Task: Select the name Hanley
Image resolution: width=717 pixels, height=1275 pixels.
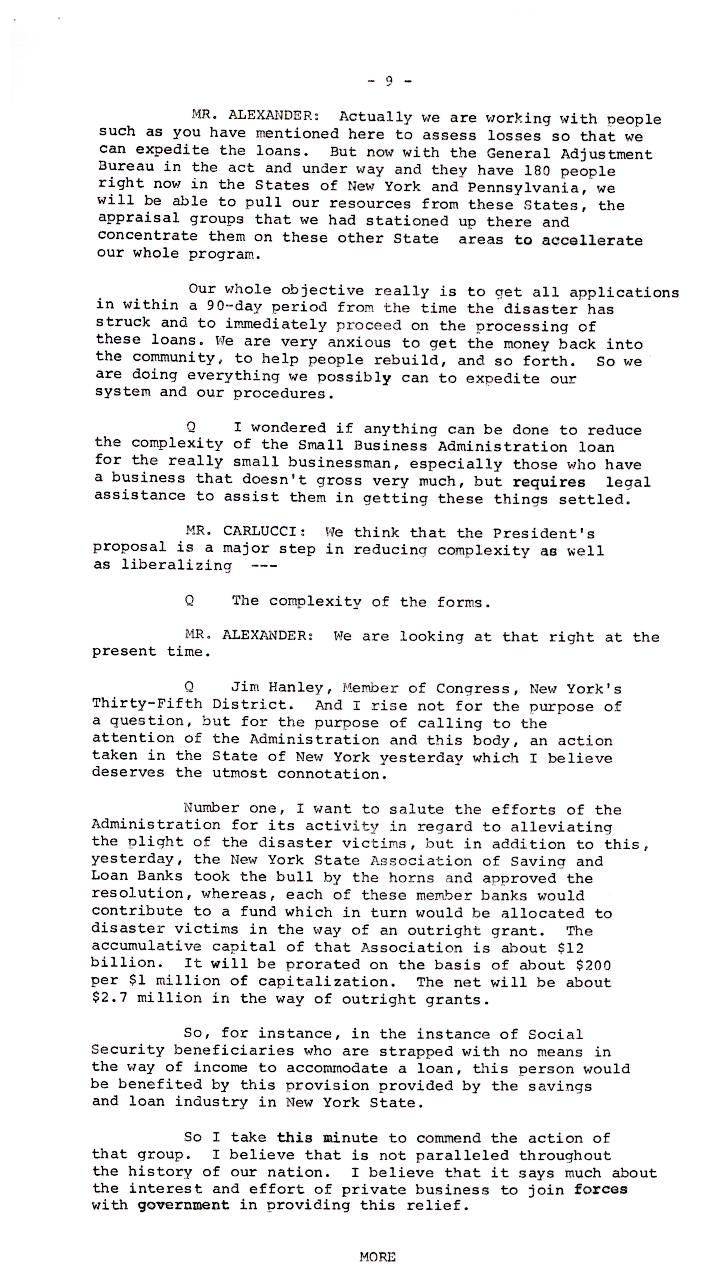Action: click(296, 688)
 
